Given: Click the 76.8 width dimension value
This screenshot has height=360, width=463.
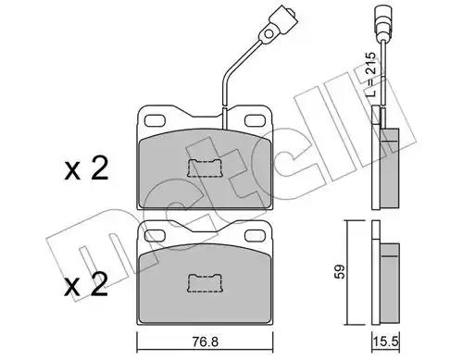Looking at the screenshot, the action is (205, 341).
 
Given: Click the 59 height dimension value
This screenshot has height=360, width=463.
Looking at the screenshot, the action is (340, 272).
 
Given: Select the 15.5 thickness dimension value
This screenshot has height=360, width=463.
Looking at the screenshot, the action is (386, 341).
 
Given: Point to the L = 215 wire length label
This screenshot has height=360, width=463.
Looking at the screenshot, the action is (371, 74).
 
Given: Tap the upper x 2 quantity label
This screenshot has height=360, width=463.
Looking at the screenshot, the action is (86, 168).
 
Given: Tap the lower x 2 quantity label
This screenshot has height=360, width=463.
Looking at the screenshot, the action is (86, 285).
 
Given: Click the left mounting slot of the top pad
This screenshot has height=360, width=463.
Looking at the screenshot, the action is (156, 120).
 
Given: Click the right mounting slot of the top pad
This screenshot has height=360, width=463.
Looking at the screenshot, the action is (256, 120).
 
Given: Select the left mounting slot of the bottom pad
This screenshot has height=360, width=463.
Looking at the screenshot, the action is (156, 236).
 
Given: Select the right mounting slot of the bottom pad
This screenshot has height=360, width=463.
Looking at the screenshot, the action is (256, 236).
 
